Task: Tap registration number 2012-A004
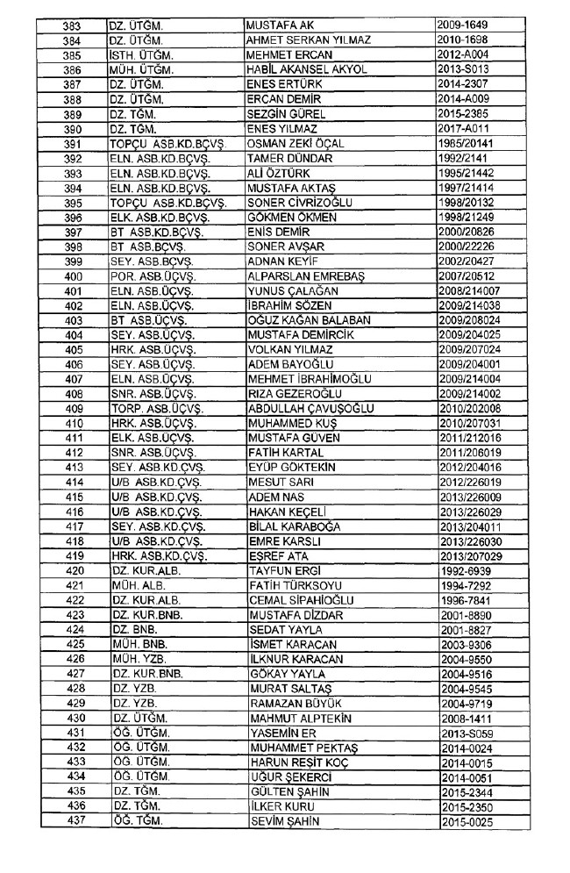(462, 54)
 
